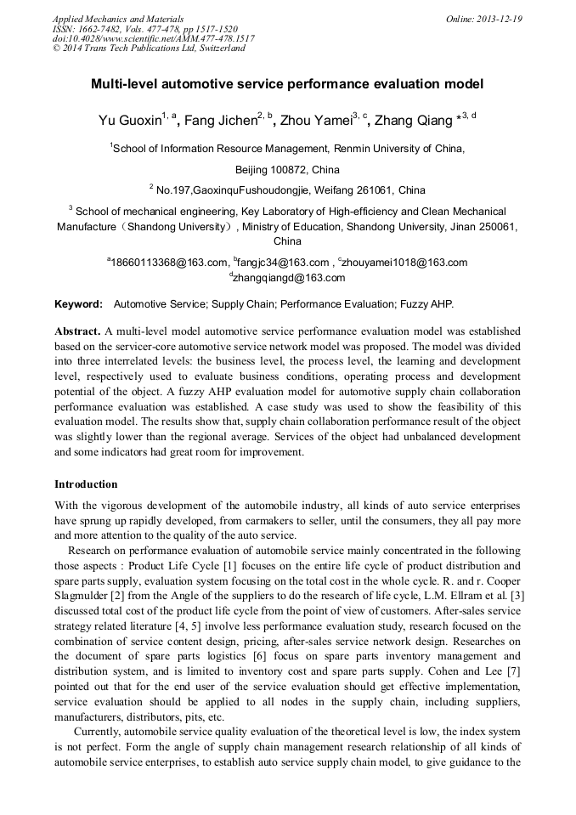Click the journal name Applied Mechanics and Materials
[117, 18]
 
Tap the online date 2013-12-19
[500, 18]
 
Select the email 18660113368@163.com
[170, 263]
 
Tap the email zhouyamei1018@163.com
[405, 263]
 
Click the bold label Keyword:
[79, 303]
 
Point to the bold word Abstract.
[77, 330]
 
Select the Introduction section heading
[86, 484]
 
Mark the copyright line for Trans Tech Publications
[149, 48]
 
